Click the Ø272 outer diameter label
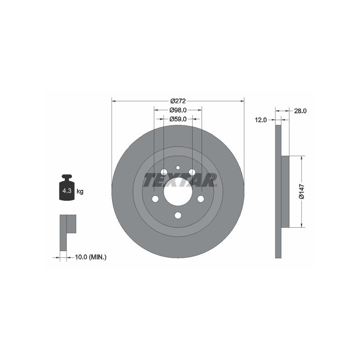pos(178,101)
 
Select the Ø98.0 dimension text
pos(178,110)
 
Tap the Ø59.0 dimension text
pos(178,119)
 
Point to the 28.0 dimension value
pos(300,111)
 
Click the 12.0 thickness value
pos(261,120)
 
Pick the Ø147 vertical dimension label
pos(301,192)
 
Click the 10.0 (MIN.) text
pos(91,257)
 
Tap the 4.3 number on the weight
pos(67,190)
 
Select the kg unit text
pos(80,191)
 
